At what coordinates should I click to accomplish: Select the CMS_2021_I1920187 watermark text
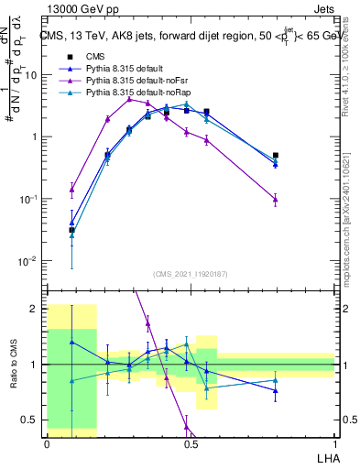191,274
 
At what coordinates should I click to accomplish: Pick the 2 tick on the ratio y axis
37,309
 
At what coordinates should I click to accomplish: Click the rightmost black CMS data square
276,156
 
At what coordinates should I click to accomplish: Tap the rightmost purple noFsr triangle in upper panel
276,199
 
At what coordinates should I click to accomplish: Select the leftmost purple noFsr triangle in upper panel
71,190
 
